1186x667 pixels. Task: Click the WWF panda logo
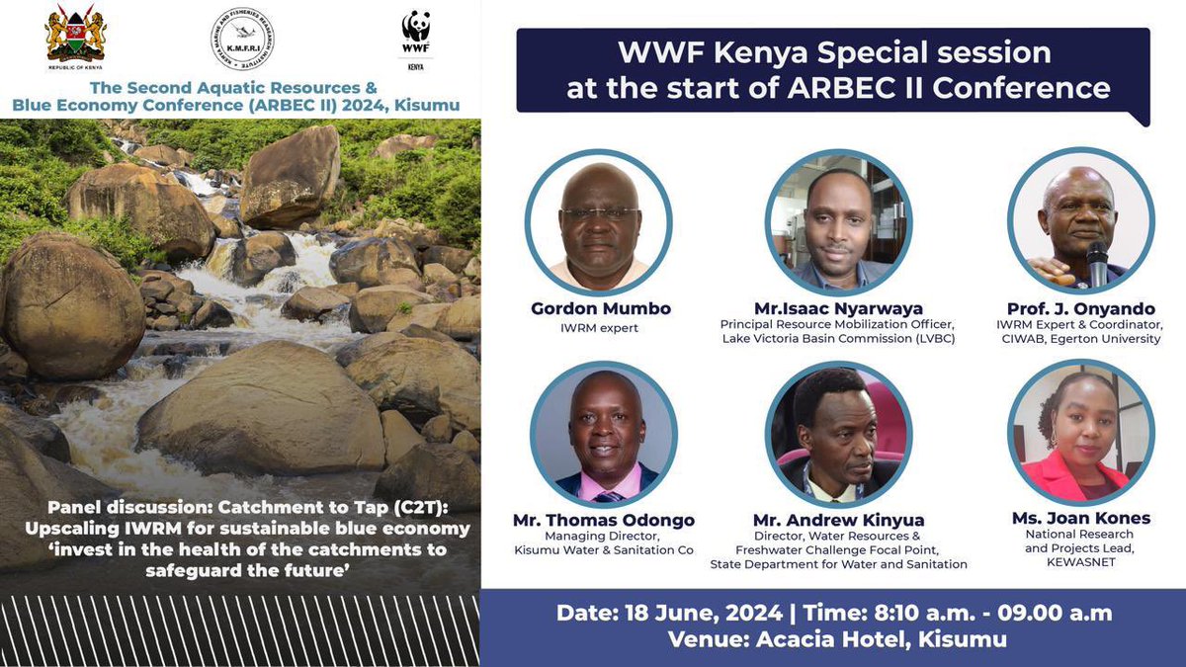[x=416, y=30]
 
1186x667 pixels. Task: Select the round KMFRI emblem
[x=242, y=39]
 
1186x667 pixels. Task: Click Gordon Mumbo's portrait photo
[x=599, y=222]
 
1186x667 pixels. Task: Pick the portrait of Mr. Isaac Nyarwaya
[x=839, y=222]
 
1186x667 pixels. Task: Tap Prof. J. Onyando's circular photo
[x=1080, y=222]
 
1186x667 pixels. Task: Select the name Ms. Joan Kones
[x=1080, y=518]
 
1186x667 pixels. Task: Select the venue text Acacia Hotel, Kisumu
[x=883, y=639]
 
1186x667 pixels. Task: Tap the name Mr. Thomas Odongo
[x=604, y=520]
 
